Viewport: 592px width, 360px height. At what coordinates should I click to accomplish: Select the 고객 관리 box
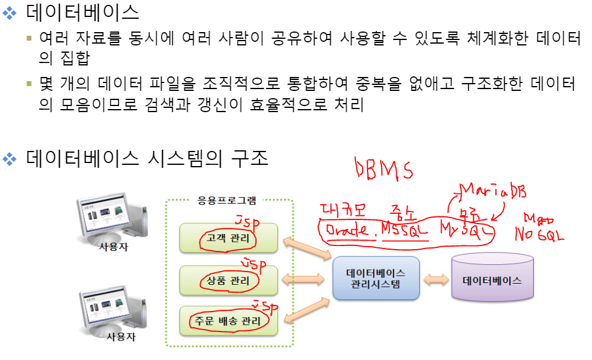[x=229, y=238]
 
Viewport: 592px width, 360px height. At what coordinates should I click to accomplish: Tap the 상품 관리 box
[x=229, y=280]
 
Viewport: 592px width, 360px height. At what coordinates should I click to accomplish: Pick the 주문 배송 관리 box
[x=229, y=321]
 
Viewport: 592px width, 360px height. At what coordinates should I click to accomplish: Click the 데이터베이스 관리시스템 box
[x=376, y=278]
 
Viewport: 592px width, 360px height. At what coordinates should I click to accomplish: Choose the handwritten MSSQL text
[x=405, y=231]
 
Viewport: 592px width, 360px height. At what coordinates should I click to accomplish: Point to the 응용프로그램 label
[x=227, y=200]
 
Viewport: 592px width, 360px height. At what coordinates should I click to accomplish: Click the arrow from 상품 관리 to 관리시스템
[x=304, y=279]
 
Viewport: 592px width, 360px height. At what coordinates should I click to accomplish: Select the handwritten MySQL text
[x=466, y=231]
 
